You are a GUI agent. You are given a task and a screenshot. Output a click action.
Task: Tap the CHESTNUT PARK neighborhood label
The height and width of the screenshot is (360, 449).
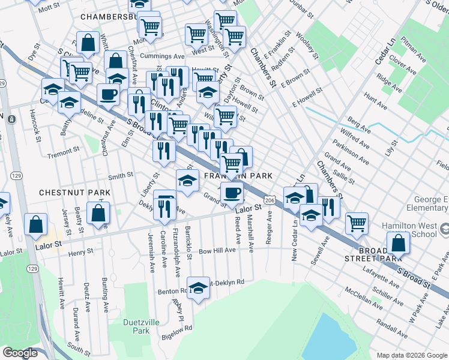[74, 193]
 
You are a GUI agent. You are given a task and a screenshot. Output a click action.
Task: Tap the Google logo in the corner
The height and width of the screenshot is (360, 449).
[20, 353]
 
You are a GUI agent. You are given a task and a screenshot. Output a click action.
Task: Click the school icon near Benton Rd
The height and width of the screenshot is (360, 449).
[197, 289]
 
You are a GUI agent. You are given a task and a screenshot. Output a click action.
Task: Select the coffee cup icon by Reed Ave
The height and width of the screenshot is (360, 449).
[232, 193]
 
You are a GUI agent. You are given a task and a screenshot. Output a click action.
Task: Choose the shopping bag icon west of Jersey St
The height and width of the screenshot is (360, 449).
[36, 224]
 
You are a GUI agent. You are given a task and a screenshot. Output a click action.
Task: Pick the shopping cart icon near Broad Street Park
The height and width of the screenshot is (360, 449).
[357, 223]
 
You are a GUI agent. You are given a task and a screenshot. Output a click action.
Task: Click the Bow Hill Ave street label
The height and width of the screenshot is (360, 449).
[217, 250]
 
